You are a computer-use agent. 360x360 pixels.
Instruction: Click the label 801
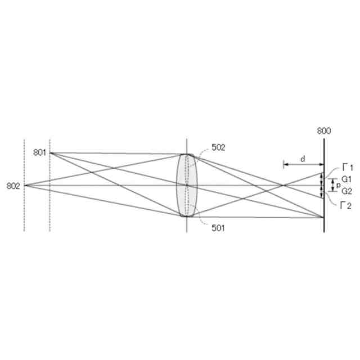point(40,152)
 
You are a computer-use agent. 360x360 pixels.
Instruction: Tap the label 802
point(13,186)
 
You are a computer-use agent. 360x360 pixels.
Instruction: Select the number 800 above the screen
point(324,131)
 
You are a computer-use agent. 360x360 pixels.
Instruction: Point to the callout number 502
point(218,147)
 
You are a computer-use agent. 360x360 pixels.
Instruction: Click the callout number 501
point(218,228)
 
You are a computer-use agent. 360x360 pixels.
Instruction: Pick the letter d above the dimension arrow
point(303,159)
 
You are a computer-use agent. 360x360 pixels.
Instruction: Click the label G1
point(346,179)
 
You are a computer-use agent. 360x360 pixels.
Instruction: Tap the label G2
point(347,191)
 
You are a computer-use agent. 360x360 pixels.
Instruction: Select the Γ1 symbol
point(348,168)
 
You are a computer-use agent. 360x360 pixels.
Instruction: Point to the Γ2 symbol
point(346,206)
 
